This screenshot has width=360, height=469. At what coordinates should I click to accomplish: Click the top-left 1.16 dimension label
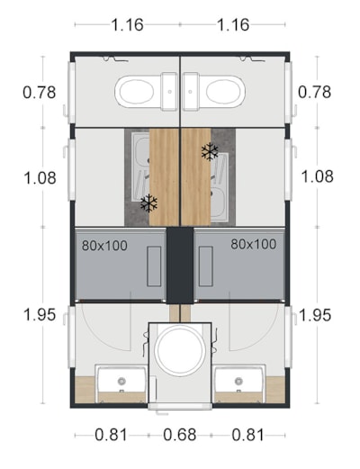(x=127, y=24)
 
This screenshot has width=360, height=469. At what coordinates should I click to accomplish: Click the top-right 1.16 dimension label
(x=233, y=24)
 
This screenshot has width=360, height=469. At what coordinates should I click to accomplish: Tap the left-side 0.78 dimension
(x=40, y=92)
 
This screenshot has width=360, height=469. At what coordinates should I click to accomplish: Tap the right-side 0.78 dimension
(x=314, y=92)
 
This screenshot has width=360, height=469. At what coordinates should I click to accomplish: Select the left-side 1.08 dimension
(x=40, y=177)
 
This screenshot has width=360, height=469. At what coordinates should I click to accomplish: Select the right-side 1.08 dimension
(x=317, y=176)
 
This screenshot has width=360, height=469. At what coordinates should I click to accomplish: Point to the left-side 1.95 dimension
(x=40, y=315)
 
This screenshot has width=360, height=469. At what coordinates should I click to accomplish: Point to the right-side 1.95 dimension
(x=315, y=315)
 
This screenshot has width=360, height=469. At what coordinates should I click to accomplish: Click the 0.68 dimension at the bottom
(x=180, y=435)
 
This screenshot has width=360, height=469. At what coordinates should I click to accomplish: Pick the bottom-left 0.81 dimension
(x=112, y=435)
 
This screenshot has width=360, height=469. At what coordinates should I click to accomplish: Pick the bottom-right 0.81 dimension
(x=248, y=435)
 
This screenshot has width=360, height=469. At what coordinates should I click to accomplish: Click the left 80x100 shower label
(x=104, y=246)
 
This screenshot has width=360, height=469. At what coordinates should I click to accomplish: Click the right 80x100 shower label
(x=254, y=244)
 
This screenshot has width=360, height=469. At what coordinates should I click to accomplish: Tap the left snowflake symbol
(x=149, y=203)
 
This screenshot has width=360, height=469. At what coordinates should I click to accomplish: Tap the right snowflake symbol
(x=210, y=151)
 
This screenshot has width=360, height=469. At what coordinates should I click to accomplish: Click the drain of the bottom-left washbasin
(x=121, y=381)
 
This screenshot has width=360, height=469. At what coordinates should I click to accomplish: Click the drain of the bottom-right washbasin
(x=238, y=381)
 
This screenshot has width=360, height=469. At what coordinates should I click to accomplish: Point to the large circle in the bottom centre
(x=180, y=350)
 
